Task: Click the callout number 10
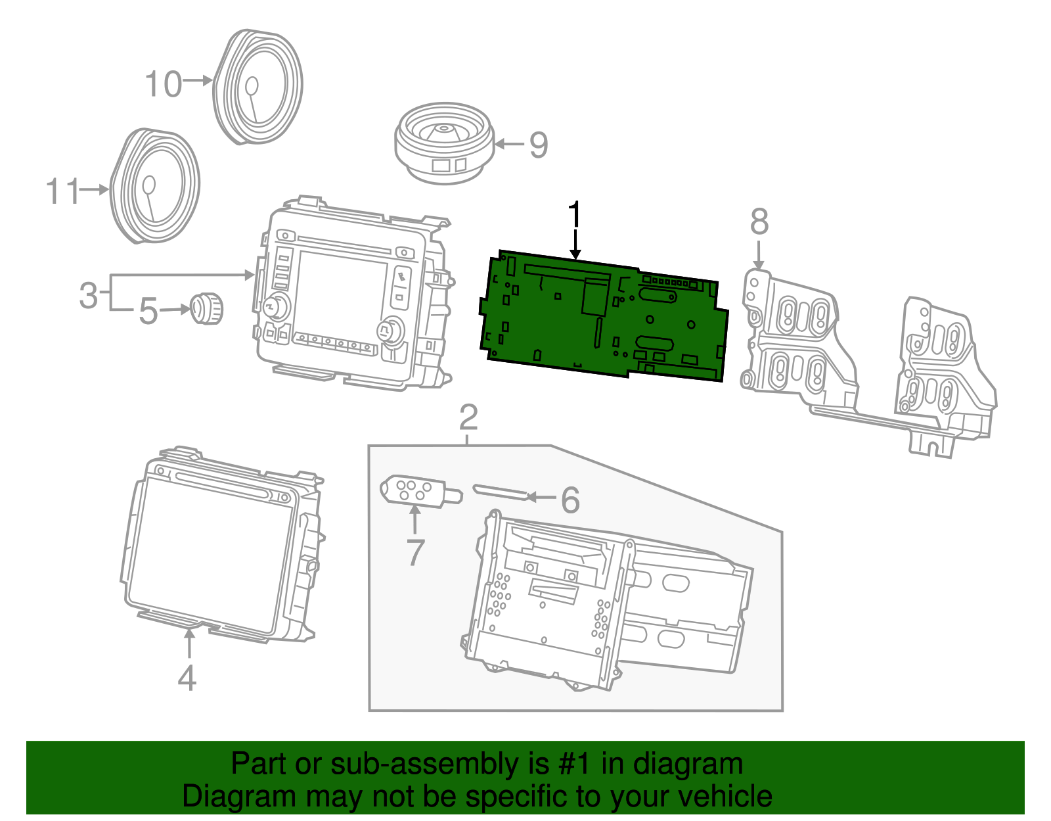coord(163,85)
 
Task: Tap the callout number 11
coord(62,192)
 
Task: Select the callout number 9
coord(539,145)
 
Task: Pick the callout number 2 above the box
coord(468,417)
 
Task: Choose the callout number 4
coord(187,678)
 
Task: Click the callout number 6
coord(570,500)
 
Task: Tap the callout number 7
coord(415,551)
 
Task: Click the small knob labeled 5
coord(207,308)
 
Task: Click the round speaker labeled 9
coord(444,141)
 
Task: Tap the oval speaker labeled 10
coord(258,86)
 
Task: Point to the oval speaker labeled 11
coord(155,186)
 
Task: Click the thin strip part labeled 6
coord(499,492)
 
